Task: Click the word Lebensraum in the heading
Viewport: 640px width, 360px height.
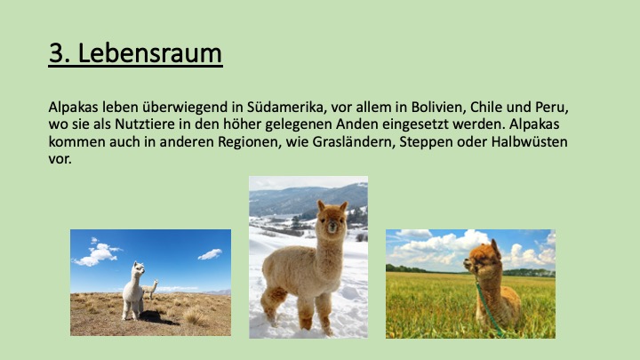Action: pyautogui.click(x=149, y=53)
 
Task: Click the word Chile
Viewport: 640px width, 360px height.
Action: pyautogui.click(x=486, y=107)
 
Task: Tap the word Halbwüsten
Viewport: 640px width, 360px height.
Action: pyautogui.click(x=529, y=141)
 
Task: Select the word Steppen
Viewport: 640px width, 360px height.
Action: pyautogui.click(x=426, y=142)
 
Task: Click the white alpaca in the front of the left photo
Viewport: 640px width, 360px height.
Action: pyautogui.click(x=133, y=291)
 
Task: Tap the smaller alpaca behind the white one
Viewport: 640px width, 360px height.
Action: pyautogui.click(x=150, y=289)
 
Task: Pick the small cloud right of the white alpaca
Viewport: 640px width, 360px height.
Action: pyautogui.click(x=210, y=254)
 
